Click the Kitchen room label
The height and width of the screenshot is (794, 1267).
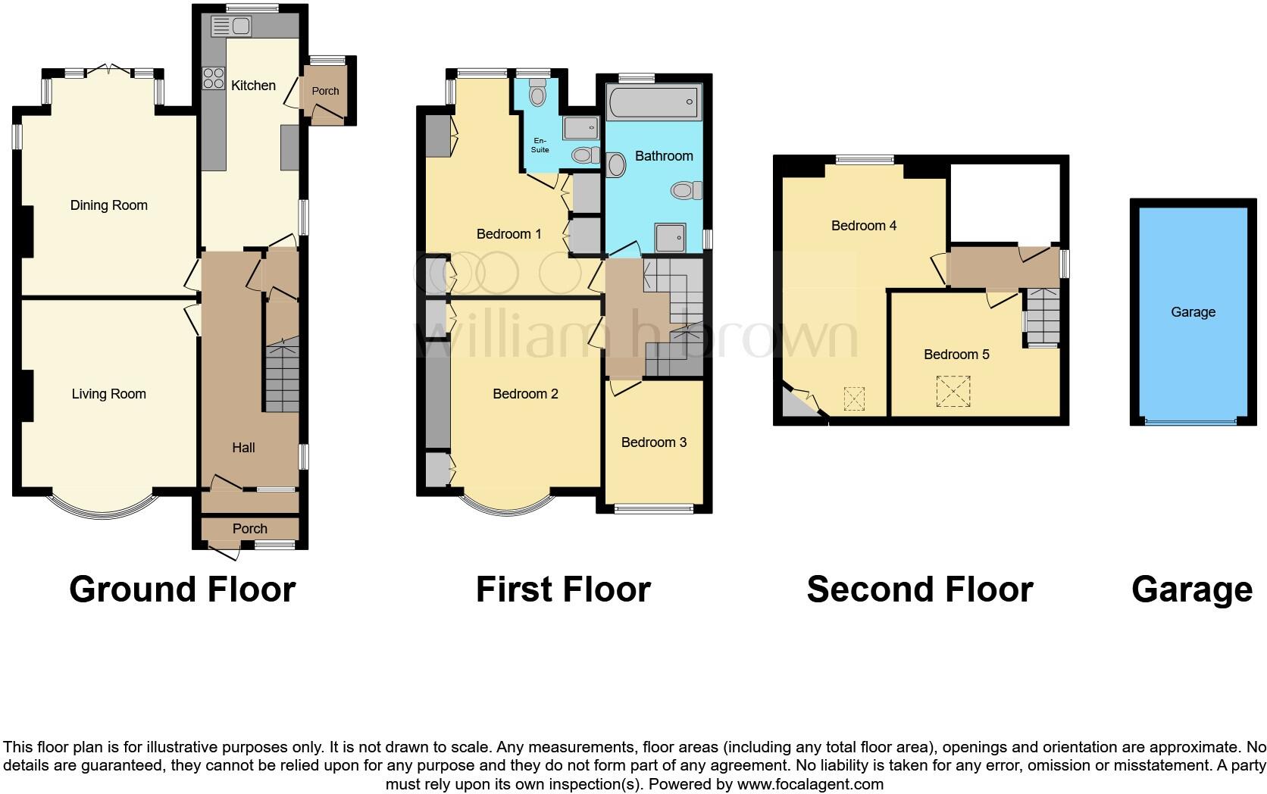pos(253,86)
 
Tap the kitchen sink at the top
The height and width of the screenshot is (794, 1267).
pos(231,27)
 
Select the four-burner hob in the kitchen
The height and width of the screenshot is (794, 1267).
pos(213,78)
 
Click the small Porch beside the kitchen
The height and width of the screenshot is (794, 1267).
pos(326,92)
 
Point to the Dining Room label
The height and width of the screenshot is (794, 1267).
pos(108,205)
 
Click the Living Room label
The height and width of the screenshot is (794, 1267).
pos(108,394)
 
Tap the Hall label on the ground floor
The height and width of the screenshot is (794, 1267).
pos(243,448)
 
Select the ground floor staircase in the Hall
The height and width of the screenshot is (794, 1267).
pos(282,379)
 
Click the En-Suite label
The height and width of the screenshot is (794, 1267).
pos(540,145)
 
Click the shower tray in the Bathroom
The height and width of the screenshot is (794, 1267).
pos(670,236)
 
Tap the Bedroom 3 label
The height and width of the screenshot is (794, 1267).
pos(653,442)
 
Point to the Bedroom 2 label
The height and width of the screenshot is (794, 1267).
pos(525,394)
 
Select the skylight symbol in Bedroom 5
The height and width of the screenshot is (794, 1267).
pos(953,392)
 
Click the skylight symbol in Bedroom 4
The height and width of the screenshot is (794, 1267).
pos(854,399)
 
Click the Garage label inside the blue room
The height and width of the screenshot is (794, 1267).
pos(1193,312)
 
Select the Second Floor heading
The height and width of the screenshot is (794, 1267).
pos(919,589)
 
